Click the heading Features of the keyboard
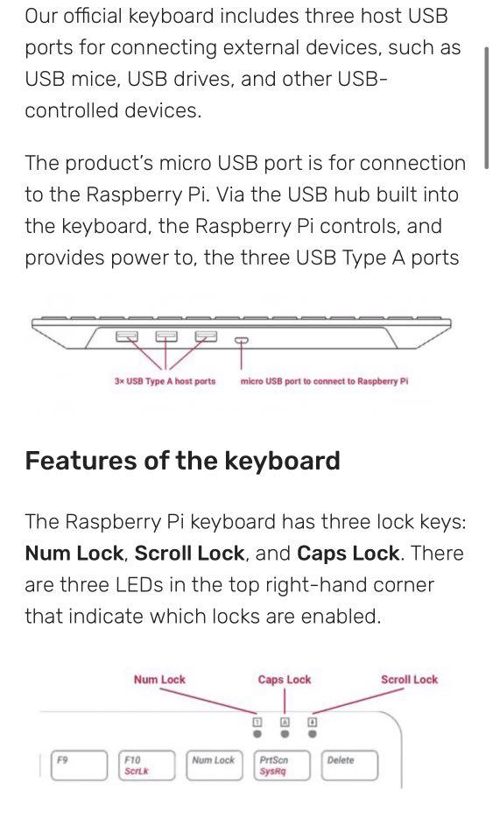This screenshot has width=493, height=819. click(182, 461)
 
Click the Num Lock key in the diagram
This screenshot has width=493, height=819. click(214, 765)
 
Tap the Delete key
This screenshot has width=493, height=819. click(349, 765)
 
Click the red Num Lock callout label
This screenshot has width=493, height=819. click(159, 680)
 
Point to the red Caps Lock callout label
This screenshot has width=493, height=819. click(285, 680)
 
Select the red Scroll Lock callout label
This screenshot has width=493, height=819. click(409, 680)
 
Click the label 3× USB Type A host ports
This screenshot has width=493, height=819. click(165, 382)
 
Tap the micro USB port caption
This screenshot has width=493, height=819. click(324, 382)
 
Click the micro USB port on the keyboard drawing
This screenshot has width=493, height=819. click(241, 339)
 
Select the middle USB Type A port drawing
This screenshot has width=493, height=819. click(166, 335)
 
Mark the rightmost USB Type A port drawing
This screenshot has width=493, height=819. click(206, 335)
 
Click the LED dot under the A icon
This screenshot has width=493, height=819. click(285, 735)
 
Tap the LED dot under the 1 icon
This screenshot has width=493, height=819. click(257, 735)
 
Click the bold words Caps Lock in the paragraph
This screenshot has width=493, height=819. click(349, 554)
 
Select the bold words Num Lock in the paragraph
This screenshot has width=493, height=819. click(74, 554)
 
